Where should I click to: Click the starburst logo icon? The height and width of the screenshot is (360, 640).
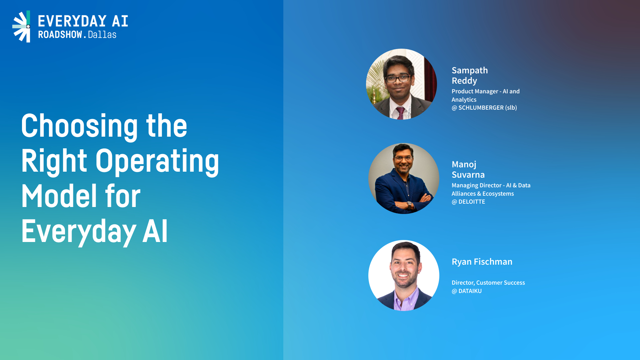tap(21, 26)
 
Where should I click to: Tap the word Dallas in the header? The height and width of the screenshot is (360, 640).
tap(102, 35)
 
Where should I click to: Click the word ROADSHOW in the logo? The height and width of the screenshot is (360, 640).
tap(60, 35)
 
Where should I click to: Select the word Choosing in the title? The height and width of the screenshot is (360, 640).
tap(79, 126)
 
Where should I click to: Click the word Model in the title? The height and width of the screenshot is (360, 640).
tap(59, 196)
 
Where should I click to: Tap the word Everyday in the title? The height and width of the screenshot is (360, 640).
tap(79, 232)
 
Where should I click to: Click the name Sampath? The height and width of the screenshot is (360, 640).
tap(470, 71)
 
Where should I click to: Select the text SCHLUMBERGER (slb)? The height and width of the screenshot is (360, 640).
tap(488, 108)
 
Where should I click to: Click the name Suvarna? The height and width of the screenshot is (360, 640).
tap(468, 175)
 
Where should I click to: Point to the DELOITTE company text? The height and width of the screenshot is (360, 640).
tap(472, 202)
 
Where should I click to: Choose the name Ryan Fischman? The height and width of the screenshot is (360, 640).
tap(482, 262)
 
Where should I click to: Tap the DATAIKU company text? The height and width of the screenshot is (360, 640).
tap(470, 291)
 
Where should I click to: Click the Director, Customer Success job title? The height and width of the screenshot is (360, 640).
tap(488, 283)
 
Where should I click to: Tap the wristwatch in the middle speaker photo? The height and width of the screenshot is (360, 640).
tap(409, 205)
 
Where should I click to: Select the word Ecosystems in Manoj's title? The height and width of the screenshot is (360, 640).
tap(498, 194)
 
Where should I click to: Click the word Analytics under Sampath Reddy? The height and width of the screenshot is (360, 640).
tap(464, 100)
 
